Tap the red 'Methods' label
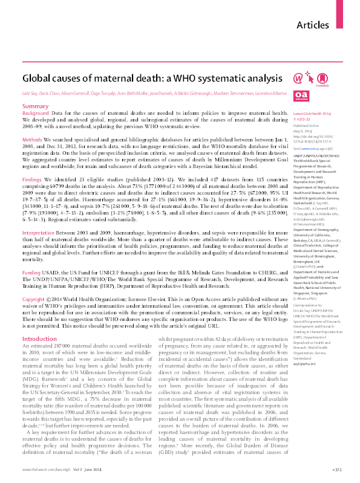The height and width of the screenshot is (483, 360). tap(32, 140)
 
